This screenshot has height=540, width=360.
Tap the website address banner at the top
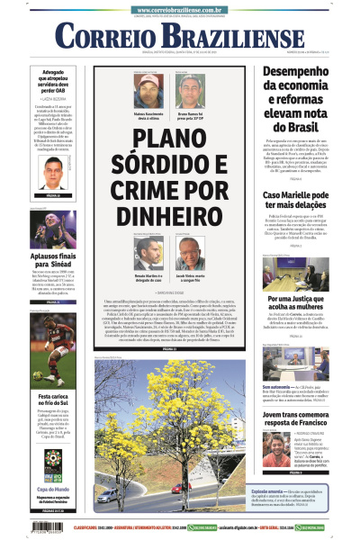180,6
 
